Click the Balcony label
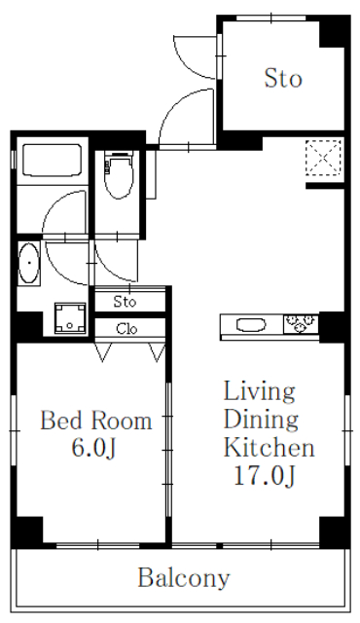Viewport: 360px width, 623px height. [x=184, y=578]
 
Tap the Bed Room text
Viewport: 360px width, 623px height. [x=96, y=421]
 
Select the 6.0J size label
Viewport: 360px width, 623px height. [x=93, y=448]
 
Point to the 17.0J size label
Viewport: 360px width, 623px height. [x=265, y=475]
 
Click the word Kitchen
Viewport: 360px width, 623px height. [x=270, y=447]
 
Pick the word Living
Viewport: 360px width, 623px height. [x=260, y=392]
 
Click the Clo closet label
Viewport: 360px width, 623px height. [x=127, y=329]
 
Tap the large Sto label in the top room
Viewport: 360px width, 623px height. [x=283, y=78]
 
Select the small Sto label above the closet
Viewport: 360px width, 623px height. [x=125, y=302]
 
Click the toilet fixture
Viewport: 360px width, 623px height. [x=119, y=175]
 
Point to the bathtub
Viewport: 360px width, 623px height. [x=53, y=160]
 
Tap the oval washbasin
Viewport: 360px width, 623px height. [x=29, y=264]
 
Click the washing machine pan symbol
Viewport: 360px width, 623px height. [x=70, y=318]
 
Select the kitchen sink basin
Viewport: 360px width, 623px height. [x=251, y=325]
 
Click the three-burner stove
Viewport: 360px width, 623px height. [x=301, y=323]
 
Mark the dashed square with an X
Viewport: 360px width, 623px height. [x=323, y=158]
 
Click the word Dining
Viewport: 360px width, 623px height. [x=261, y=420]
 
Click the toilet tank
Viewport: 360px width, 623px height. [x=119, y=154]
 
